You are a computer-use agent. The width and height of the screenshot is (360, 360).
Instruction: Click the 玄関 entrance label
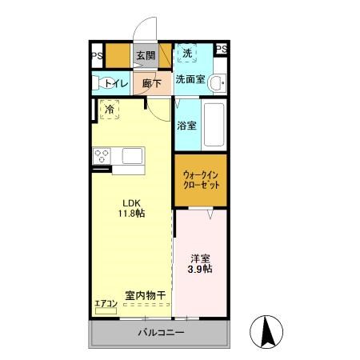[145, 55]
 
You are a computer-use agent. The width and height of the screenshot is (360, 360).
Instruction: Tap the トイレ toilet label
[110, 82]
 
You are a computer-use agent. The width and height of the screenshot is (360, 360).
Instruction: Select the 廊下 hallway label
[152, 82]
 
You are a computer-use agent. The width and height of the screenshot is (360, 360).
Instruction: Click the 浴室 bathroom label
[186, 125]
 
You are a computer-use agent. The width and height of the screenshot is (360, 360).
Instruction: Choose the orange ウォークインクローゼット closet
[201, 179]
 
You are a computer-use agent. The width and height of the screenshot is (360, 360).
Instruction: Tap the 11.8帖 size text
[131, 215]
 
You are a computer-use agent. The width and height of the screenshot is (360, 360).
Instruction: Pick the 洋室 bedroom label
[201, 259]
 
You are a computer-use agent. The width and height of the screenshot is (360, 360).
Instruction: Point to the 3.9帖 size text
[201, 271]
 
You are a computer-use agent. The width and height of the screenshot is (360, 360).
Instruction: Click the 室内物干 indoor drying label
[145, 296]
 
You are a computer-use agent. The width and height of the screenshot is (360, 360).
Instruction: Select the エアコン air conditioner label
[106, 303]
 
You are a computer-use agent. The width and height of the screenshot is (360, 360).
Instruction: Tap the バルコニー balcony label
[161, 332]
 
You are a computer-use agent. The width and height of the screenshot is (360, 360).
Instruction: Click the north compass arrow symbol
[268, 331]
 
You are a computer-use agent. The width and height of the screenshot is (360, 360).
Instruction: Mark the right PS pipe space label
[222, 50]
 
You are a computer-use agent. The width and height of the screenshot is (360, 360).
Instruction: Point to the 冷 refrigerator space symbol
[109, 109]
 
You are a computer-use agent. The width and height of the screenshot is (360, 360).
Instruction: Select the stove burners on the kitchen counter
[102, 155]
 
